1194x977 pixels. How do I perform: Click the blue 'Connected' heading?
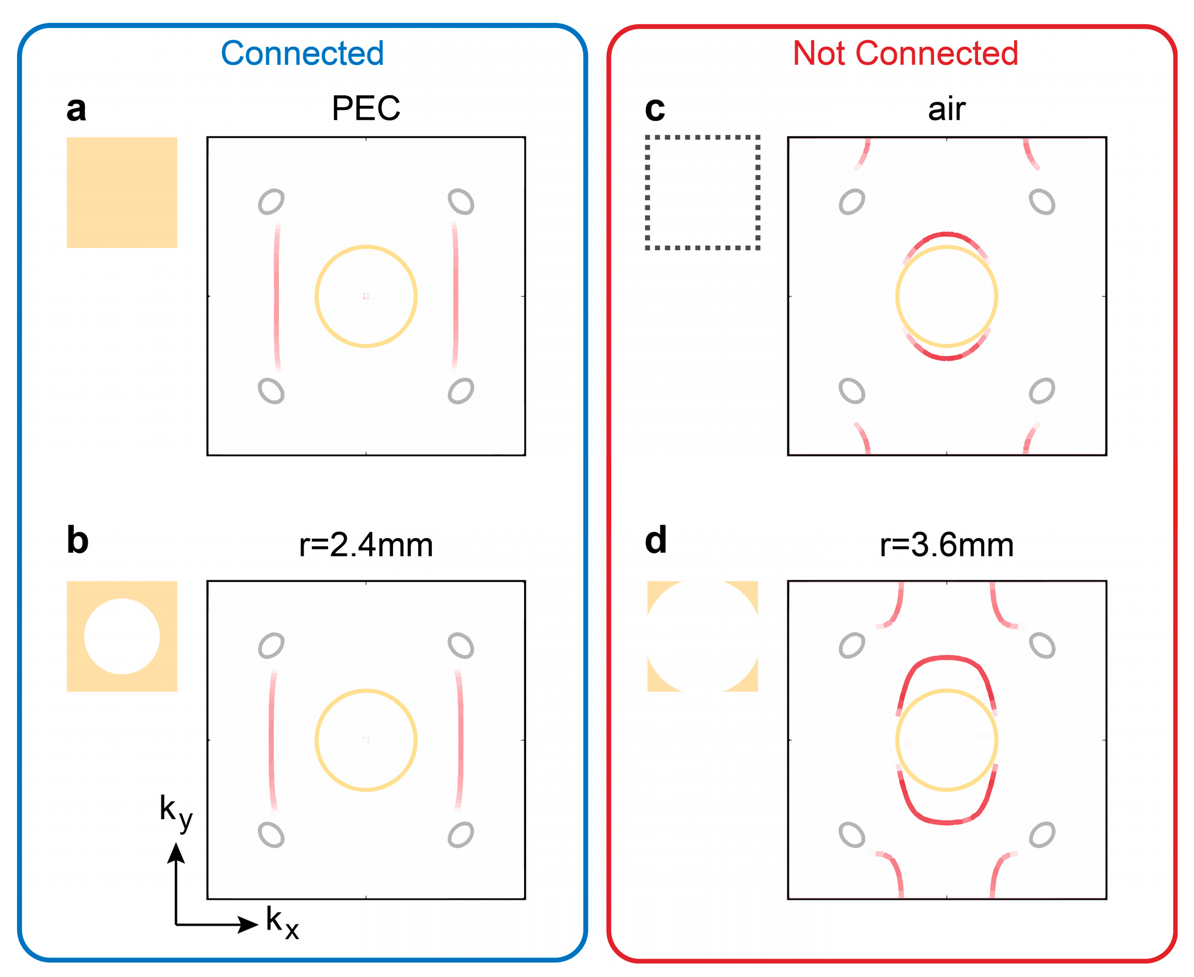pyautogui.click(x=302, y=54)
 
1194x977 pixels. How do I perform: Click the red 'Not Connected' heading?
pyautogui.click(x=905, y=54)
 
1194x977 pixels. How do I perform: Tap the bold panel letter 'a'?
pyautogui.click(x=76, y=109)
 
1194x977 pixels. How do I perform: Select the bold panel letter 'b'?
pyautogui.click(x=77, y=540)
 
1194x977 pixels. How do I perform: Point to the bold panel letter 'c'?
pyautogui.click(x=655, y=109)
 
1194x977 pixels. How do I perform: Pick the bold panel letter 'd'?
pyautogui.click(x=656, y=540)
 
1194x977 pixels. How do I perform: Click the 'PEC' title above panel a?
pyautogui.click(x=366, y=109)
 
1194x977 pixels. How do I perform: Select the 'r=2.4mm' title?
pyautogui.click(x=366, y=545)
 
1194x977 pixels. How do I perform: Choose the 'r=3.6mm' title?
pyautogui.click(x=946, y=545)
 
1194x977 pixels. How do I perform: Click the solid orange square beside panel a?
pyautogui.click(x=122, y=192)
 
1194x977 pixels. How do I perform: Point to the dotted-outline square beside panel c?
pyautogui.click(x=702, y=192)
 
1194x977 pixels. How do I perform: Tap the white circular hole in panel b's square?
pyautogui.click(x=122, y=636)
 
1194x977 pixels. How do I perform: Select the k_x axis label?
pyautogui.click(x=282, y=922)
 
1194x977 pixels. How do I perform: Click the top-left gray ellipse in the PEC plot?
pyautogui.click(x=271, y=202)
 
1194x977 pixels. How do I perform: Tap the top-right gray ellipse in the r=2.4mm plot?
pyautogui.click(x=461, y=646)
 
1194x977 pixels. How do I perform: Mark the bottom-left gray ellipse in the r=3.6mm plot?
pyautogui.click(x=852, y=835)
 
